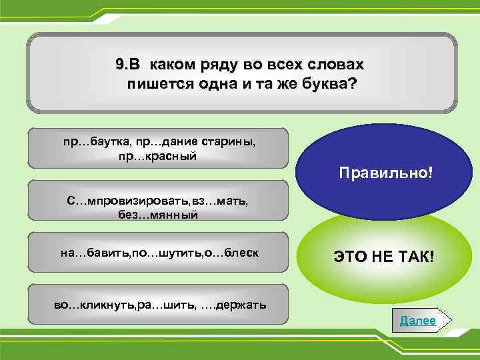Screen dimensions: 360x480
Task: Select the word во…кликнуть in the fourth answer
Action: (x=94, y=305)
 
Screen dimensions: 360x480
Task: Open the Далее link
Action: (x=418, y=321)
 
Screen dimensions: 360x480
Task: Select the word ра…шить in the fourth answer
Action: (x=167, y=305)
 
